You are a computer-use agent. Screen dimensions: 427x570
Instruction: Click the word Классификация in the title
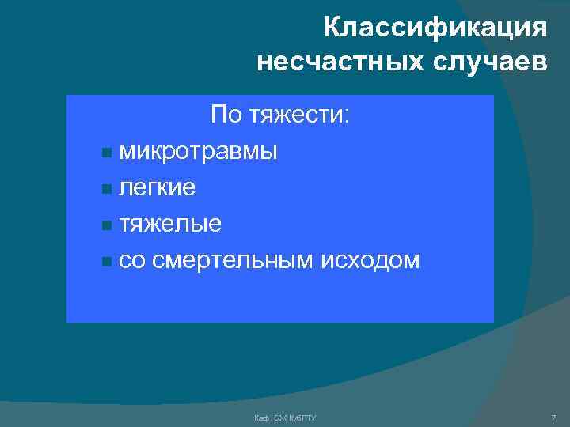point(435,28)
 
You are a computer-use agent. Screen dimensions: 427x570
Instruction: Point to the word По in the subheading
point(226,115)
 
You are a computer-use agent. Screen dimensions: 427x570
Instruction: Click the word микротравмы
point(198,151)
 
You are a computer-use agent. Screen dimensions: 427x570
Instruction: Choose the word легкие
point(158,187)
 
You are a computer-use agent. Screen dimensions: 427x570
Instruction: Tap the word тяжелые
point(170,225)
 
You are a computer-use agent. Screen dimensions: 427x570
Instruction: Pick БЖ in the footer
point(278,416)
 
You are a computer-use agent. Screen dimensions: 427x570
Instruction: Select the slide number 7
point(553,416)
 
